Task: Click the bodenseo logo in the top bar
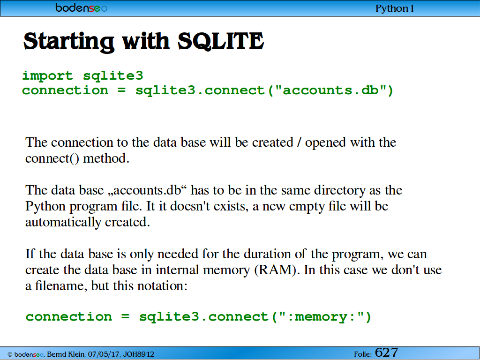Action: pyautogui.click(x=82, y=7)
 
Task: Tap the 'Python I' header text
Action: pyautogui.click(x=394, y=8)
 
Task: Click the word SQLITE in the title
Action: pyautogui.click(x=220, y=41)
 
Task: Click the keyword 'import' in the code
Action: pyautogui.click(x=47, y=75)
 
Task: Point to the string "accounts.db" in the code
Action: pyautogui.click(x=331, y=90)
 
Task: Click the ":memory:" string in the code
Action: pyautogui.click(x=321, y=316)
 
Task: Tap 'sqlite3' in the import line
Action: pyautogui.click(x=113, y=75)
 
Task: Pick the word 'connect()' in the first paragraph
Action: pyautogui.click(x=52, y=158)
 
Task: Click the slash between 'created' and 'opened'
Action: pyautogui.click(x=299, y=142)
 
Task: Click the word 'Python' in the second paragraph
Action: pyautogui.click(x=45, y=207)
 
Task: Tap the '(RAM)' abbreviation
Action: pyautogui.click(x=275, y=270)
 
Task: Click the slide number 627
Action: pyautogui.click(x=386, y=352)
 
